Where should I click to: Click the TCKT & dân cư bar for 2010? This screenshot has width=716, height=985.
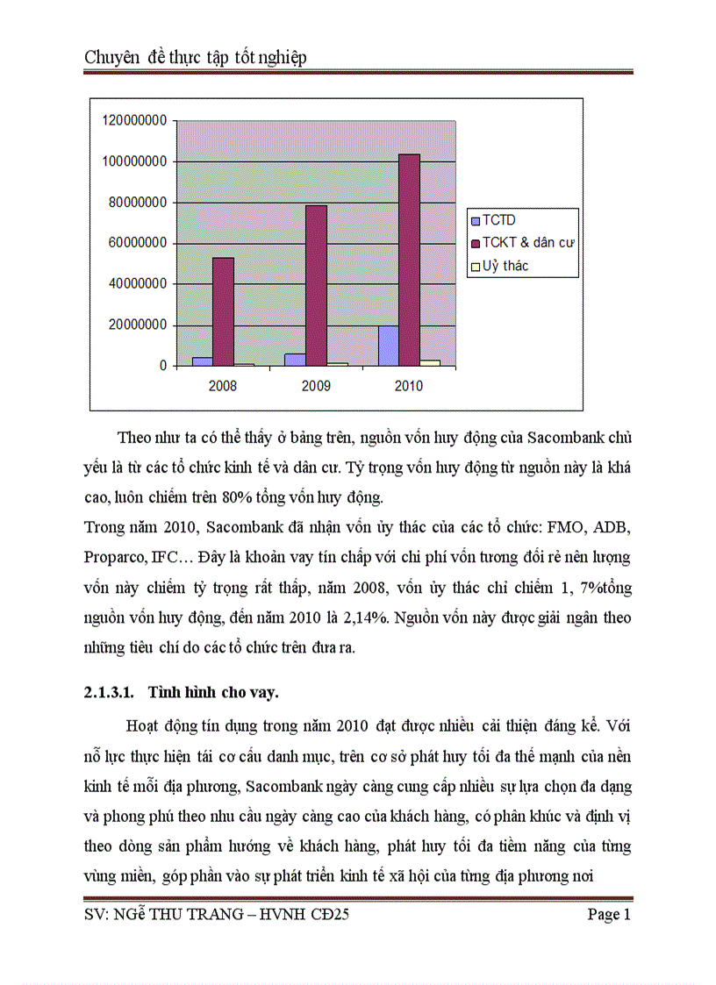(x=409, y=260)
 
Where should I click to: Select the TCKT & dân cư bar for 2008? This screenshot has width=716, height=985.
(x=223, y=311)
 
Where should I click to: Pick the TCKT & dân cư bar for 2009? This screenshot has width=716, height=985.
(x=316, y=285)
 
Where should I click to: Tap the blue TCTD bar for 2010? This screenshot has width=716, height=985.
(x=388, y=346)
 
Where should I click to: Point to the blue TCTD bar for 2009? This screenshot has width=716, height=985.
(x=295, y=360)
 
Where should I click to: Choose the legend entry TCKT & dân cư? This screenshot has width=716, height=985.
(x=523, y=243)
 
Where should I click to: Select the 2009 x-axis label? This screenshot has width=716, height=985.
(x=316, y=386)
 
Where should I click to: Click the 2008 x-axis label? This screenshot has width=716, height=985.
(x=223, y=386)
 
